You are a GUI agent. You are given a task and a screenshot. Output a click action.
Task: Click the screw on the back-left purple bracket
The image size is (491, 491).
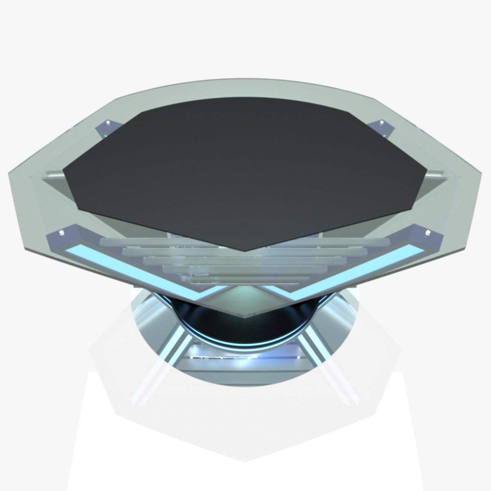coord(108,123)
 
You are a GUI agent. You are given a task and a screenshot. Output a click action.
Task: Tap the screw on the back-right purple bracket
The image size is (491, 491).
coord(381,122)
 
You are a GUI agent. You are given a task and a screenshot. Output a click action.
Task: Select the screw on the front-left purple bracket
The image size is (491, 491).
coord(62,233)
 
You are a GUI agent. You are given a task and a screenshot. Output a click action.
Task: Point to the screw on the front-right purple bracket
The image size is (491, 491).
coord(428,233)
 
